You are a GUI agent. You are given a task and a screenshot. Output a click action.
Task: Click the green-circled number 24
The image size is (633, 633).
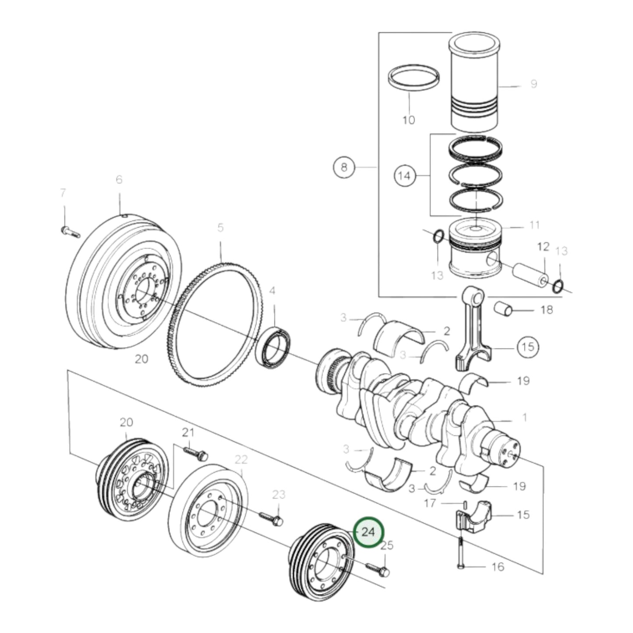pos(368,532)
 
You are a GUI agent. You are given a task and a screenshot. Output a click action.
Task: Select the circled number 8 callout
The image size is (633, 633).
pos(344,167)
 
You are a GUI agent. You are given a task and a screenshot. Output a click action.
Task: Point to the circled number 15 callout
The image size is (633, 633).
pos(528,347)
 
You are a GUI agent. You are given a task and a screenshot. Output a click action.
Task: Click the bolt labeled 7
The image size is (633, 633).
pos(70,231)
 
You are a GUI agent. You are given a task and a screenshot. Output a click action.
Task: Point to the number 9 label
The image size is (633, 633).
pos(533,84)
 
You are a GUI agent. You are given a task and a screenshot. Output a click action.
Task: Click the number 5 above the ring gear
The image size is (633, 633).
pos(220,228)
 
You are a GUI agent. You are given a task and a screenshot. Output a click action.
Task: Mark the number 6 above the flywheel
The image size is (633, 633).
pos(119,180)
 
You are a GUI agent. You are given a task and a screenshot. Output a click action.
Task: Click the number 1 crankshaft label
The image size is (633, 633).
pos(524,417)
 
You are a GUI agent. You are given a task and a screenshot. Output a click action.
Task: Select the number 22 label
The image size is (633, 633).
pos(241,460)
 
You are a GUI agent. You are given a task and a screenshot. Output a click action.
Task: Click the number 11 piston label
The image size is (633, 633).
pos(534,225)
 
